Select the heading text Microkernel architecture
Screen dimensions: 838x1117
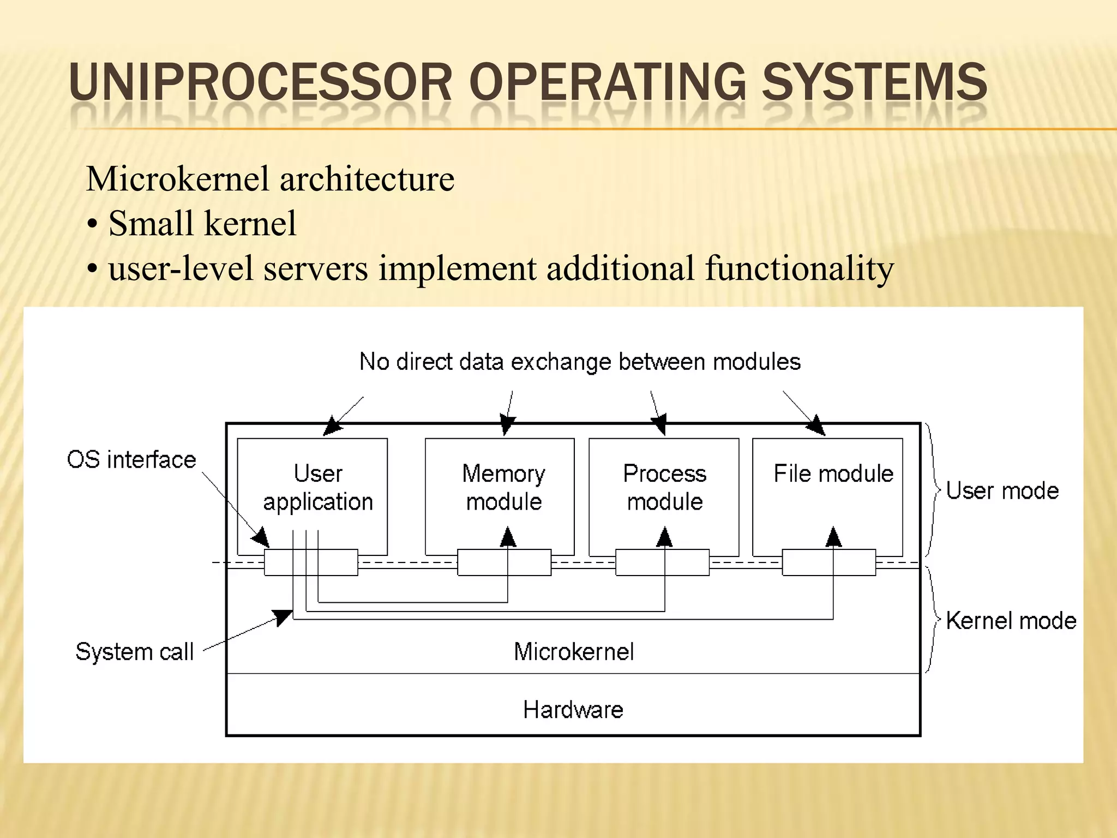[x=270, y=179]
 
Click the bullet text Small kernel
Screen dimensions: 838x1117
[x=202, y=223]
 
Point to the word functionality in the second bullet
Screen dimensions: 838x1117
[x=799, y=268]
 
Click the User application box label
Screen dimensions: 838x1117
[x=318, y=487]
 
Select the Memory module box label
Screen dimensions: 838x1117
[x=503, y=487]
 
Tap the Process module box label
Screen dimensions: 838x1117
[x=664, y=487]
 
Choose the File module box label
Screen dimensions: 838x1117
[x=833, y=474]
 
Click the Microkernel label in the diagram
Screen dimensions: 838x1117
[x=574, y=651]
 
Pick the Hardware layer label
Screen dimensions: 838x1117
[x=573, y=710]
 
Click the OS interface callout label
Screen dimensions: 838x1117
[x=131, y=460]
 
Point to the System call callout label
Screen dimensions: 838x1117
[x=135, y=651]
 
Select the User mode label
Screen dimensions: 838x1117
[x=1002, y=491]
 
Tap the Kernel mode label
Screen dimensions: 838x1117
[x=1011, y=621]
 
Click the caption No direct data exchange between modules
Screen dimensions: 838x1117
[x=580, y=362]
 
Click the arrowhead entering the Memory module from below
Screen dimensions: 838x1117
[x=508, y=537]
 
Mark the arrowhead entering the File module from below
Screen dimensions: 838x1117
[x=833, y=537]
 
